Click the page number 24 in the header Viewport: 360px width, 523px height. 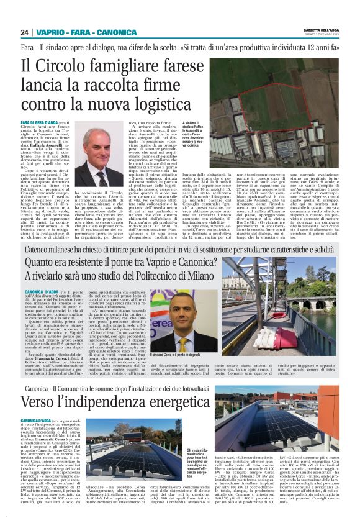pos(25,32)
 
